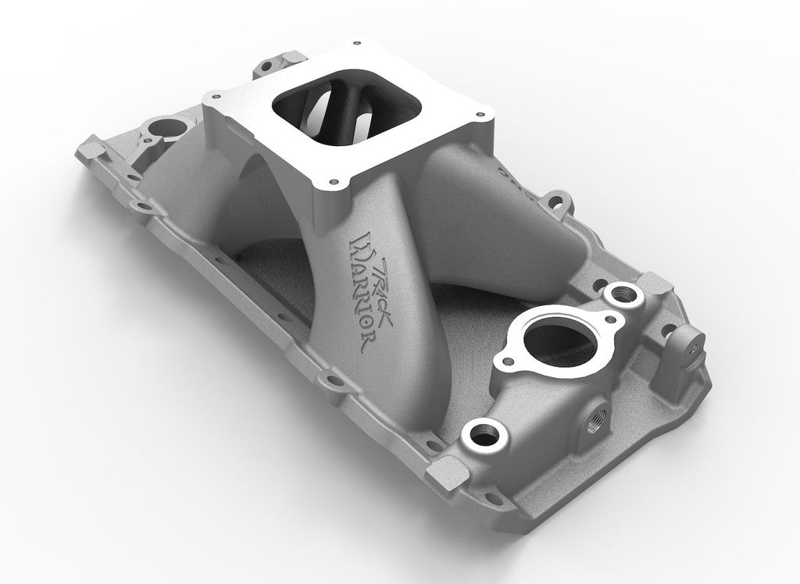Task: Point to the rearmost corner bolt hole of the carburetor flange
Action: coord(355,44)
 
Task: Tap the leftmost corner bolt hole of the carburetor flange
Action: coord(216,97)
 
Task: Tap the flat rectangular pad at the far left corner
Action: coord(90,148)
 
